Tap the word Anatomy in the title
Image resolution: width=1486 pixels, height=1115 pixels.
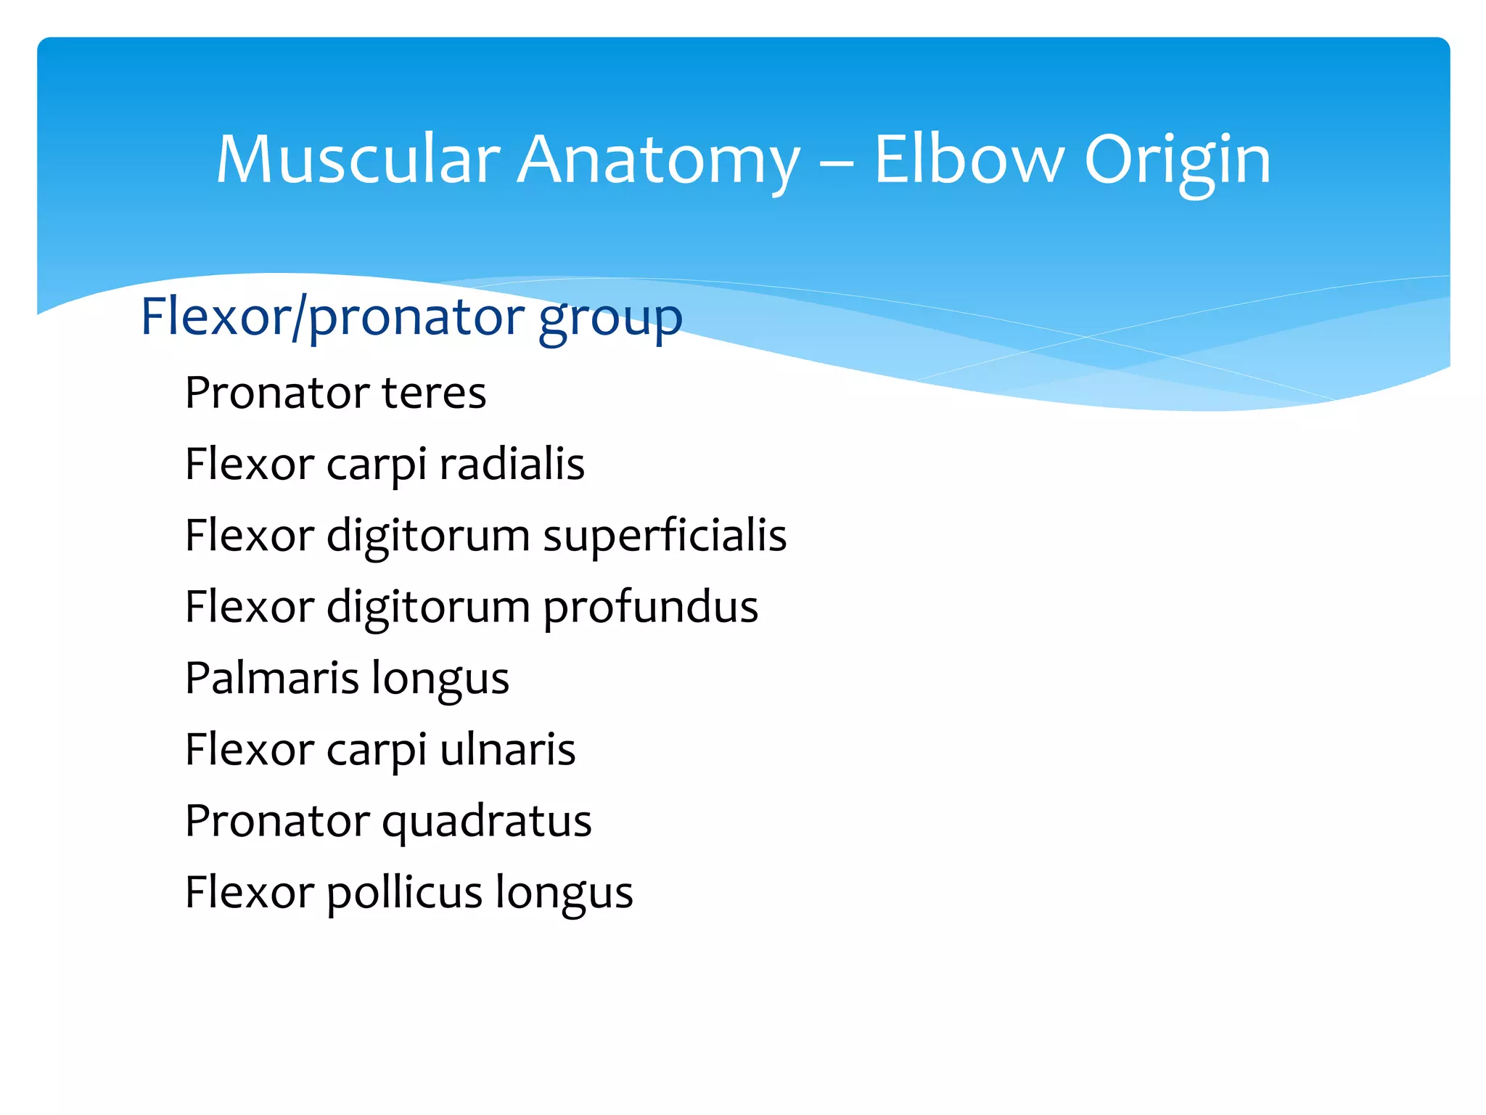pos(659,161)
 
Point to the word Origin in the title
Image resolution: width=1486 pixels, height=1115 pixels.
pos(1177,161)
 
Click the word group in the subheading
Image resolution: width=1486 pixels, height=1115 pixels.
pos(610,318)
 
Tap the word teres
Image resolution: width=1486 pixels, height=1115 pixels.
pos(434,393)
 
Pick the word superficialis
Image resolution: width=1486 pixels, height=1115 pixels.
pos(665,536)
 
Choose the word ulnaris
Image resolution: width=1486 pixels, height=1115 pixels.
pos(507,749)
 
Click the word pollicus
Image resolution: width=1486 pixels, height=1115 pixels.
pos(404,892)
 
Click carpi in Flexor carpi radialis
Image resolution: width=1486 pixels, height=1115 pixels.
pos(376,465)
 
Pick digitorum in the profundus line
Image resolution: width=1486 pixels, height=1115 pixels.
pos(428,607)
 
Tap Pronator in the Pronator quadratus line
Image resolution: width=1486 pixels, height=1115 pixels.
pos(277,820)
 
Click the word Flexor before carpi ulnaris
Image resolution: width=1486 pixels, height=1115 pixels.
pos(250,749)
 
